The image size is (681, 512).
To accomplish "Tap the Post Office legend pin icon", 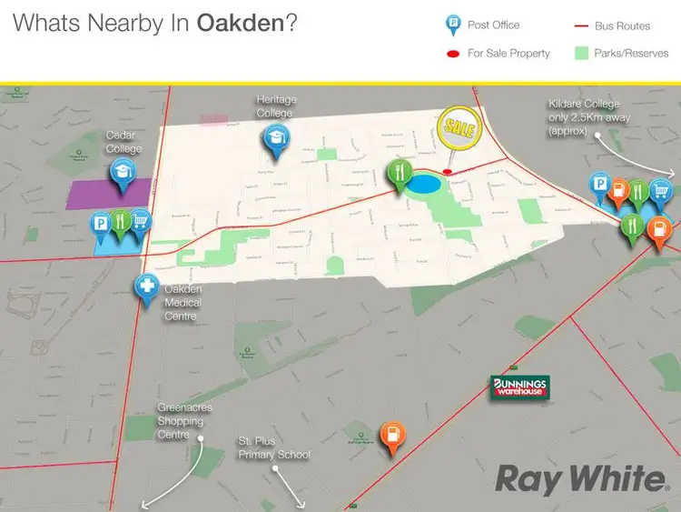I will click(451, 26).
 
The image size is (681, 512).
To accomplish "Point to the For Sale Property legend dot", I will click(451, 54).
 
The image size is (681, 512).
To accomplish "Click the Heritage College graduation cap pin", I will click(273, 139).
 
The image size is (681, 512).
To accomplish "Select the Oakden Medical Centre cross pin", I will click(147, 287).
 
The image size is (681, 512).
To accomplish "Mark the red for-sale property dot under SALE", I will click(447, 171).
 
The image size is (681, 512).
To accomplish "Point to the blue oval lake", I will click(425, 185).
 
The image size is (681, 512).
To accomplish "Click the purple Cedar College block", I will click(108, 194).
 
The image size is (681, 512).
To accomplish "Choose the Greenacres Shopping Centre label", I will click(183, 420).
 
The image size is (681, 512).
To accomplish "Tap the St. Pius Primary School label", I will click(273, 447).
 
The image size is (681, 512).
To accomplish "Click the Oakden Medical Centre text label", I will click(182, 303).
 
